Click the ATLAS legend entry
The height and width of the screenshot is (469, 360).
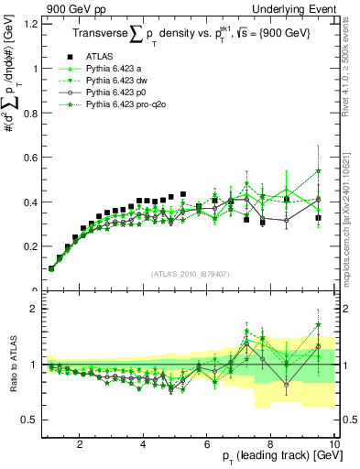(x=101, y=55)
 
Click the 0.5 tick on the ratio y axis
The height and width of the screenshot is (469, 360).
(x=31, y=420)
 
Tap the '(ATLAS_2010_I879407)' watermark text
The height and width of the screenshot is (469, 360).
(x=190, y=272)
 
